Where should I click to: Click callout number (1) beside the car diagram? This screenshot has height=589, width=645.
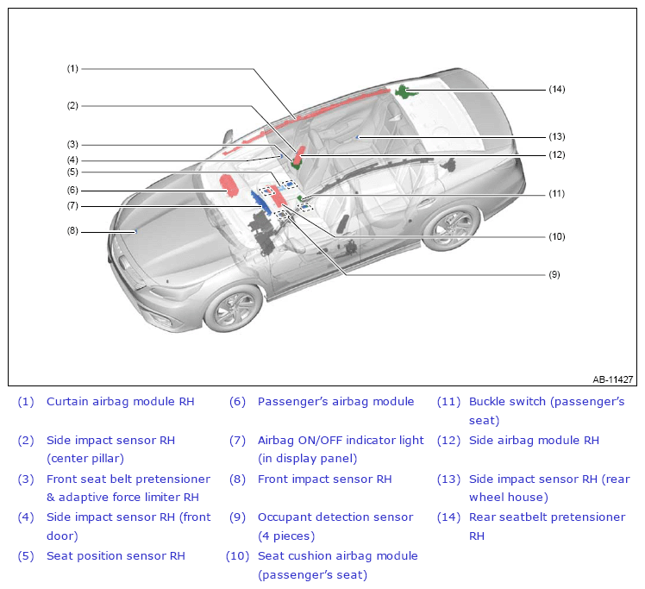point(72,69)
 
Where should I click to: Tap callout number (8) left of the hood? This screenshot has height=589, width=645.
point(72,231)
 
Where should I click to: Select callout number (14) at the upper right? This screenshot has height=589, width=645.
point(557,89)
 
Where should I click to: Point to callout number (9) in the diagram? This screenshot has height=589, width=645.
point(554,274)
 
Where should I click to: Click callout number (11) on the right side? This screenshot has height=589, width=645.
point(556,193)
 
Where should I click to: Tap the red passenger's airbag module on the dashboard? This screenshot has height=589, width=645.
point(229,185)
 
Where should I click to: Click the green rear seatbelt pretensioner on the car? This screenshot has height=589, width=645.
point(405,91)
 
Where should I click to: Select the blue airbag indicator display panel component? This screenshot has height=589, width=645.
point(261,204)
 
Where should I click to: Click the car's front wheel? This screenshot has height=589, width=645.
point(233,308)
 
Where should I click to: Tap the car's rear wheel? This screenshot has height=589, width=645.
point(451,227)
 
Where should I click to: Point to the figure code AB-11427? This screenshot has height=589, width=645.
point(612,379)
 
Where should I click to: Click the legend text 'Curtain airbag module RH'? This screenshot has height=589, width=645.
point(120,402)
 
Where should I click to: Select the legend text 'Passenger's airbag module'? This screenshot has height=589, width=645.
point(335,402)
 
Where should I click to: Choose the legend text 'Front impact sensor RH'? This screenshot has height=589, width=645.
point(324,479)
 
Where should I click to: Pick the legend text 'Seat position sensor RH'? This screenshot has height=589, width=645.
point(116,556)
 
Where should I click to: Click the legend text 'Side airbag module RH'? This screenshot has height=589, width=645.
point(534,440)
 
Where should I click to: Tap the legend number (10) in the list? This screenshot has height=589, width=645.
point(237,556)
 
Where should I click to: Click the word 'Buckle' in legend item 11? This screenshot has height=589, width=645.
point(486,402)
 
